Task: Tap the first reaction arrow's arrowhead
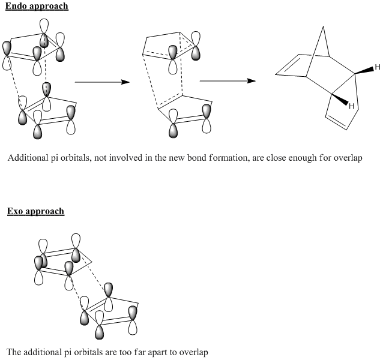tap(125, 82)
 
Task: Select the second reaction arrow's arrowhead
tap(252, 81)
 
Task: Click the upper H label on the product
tap(378, 67)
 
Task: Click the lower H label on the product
tap(352, 106)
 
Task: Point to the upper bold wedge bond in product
tap(364, 70)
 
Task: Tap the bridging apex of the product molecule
tap(324, 26)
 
